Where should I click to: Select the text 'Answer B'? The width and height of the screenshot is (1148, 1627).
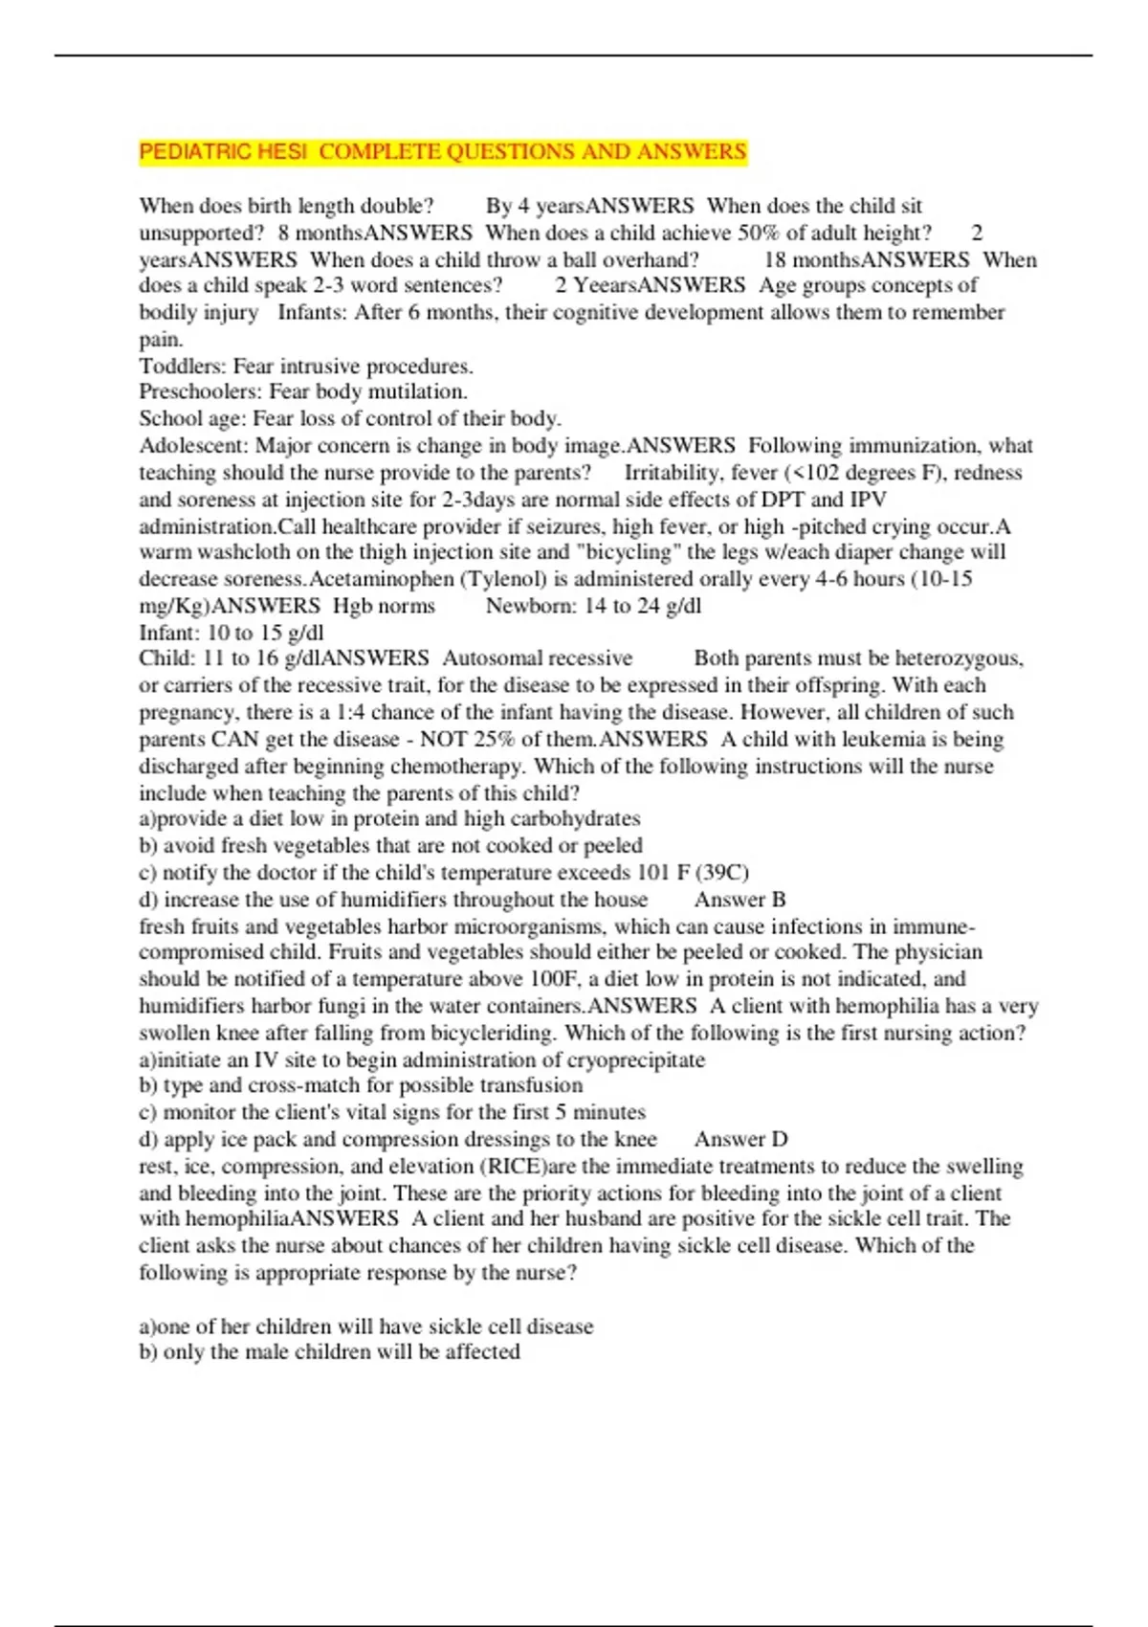point(740,900)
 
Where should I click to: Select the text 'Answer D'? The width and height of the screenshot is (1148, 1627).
point(740,1139)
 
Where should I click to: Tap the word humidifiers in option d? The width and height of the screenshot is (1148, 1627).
point(382,900)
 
